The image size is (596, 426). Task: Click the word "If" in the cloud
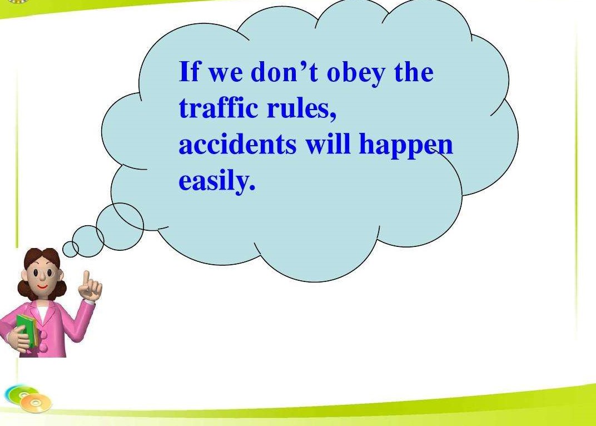tap(189, 71)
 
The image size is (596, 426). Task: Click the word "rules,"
tap(301, 108)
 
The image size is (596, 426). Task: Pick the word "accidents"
tap(237, 144)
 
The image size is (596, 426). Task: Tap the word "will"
tap(328, 143)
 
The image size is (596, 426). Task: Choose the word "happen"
tap(406, 145)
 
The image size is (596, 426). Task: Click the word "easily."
tap(217, 181)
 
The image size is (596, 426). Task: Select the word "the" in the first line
tap(414, 72)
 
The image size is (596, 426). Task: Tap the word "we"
tap(225, 75)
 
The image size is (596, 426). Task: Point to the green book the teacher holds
tap(27, 330)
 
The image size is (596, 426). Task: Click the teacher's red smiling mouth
tap(42, 286)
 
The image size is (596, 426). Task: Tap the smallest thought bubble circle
tap(70, 249)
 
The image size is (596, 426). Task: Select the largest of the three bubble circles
tap(120, 226)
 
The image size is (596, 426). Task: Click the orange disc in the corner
tap(36, 403)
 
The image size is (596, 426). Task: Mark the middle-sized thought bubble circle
tap(88, 241)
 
